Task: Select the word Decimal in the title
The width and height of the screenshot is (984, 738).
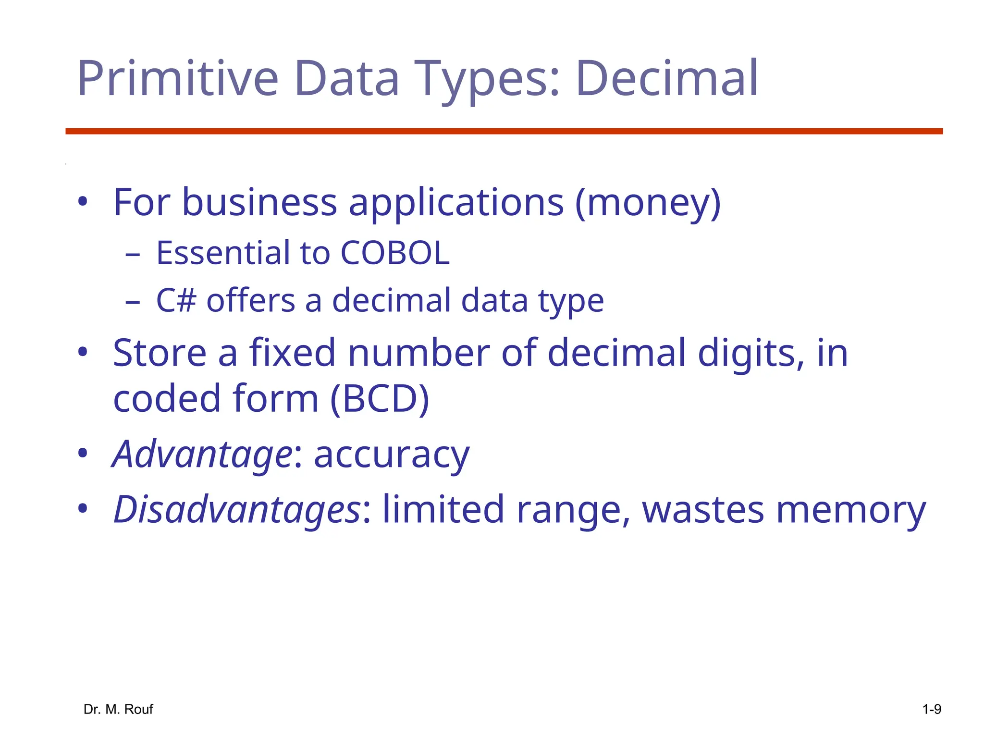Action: (666, 78)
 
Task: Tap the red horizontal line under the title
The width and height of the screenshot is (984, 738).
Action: (504, 131)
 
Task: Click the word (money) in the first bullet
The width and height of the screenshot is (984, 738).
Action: (648, 203)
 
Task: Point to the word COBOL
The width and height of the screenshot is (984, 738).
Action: (395, 253)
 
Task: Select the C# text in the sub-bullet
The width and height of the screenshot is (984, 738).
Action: (176, 301)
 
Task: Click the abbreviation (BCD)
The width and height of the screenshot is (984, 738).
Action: (380, 399)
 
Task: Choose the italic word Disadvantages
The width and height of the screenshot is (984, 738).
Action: (236, 510)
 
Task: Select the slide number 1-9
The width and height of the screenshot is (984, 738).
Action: (932, 709)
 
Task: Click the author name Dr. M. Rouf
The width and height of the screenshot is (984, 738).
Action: (118, 709)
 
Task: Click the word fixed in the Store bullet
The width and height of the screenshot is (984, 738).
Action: (292, 353)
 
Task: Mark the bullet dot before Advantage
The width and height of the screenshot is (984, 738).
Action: (83, 453)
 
